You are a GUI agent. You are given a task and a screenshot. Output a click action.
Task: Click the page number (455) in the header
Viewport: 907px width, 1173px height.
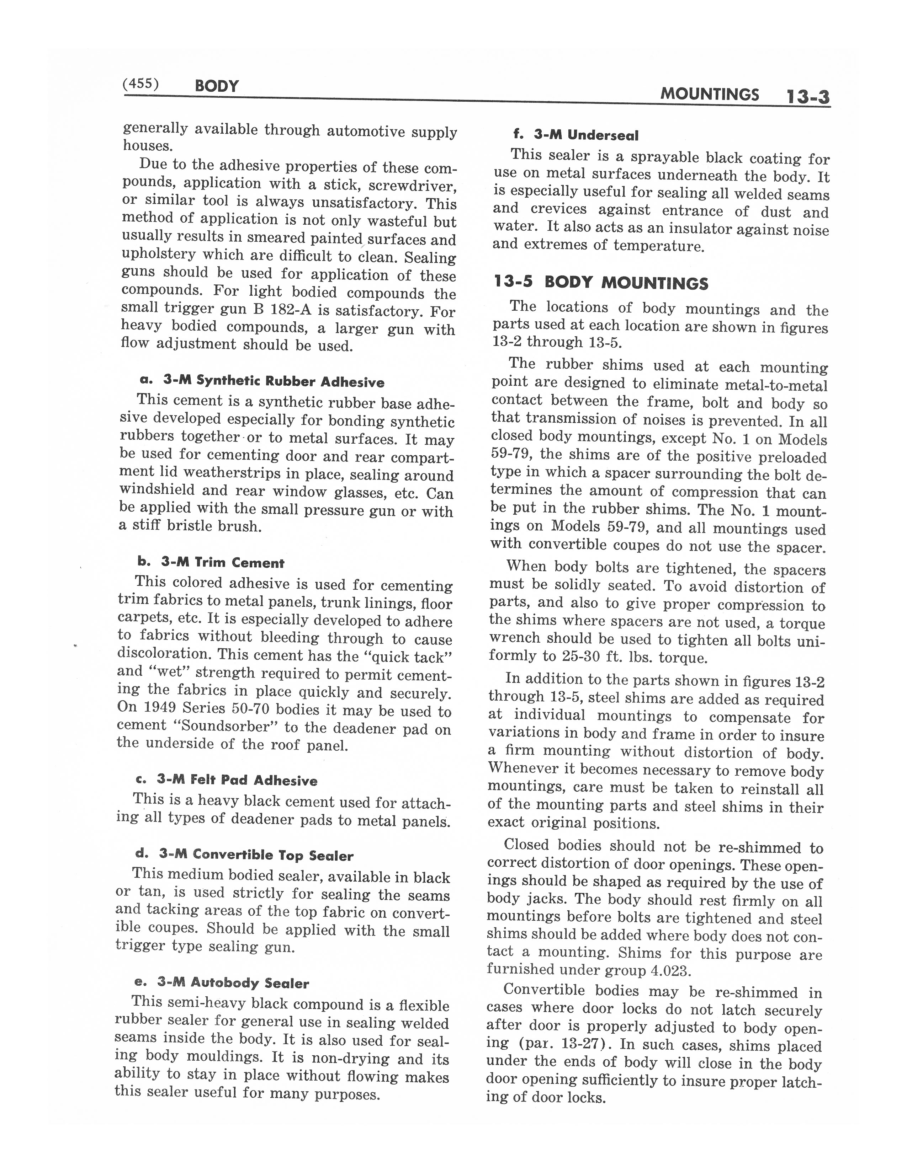141,84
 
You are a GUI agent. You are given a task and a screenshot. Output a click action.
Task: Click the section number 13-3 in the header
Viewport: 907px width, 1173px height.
808,97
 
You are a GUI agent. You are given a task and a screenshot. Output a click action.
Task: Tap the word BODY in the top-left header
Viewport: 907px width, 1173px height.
217,86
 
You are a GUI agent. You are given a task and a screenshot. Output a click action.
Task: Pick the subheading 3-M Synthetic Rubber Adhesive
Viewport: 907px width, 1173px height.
262,381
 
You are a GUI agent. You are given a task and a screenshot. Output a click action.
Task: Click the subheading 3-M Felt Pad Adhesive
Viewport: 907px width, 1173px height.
226,780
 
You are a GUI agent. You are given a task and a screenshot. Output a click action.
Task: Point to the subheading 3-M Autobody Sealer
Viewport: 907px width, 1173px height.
222,983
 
